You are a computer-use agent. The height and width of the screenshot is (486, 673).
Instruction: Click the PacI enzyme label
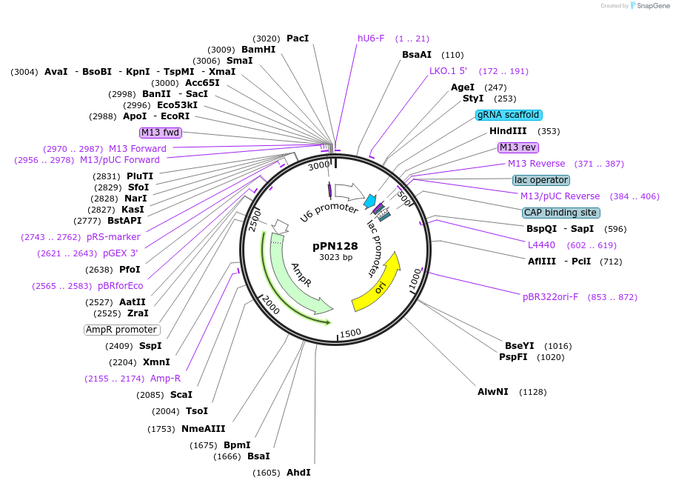[x=297, y=39]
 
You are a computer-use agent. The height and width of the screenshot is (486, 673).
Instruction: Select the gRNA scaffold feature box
[x=509, y=115]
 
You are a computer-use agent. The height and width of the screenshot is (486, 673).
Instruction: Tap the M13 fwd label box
[x=161, y=133]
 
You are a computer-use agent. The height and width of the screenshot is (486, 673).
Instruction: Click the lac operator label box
[x=541, y=180]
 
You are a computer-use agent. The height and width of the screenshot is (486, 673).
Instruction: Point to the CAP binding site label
[x=560, y=213]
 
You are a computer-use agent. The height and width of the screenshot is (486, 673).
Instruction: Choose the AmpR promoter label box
[x=121, y=330]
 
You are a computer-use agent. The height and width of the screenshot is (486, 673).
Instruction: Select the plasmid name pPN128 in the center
[x=335, y=246]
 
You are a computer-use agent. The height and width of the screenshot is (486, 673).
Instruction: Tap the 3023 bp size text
[x=335, y=258]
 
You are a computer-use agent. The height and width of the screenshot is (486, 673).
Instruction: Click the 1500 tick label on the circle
[x=350, y=333]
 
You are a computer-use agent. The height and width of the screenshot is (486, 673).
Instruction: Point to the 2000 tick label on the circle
[x=270, y=304]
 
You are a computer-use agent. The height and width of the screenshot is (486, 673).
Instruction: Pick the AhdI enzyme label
[x=298, y=473]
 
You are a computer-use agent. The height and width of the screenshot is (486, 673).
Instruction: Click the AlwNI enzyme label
[x=493, y=391]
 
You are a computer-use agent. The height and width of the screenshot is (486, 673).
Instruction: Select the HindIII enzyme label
[x=508, y=131]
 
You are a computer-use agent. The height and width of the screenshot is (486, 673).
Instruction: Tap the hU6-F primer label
[x=371, y=39]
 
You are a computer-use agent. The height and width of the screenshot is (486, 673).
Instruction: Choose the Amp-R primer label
[x=165, y=379]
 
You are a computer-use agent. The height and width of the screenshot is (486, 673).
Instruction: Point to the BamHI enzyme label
[x=258, y=50]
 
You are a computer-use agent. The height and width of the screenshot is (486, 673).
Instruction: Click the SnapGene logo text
[x=654, y=6]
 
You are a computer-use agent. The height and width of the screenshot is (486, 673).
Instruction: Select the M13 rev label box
[x=518, y=147]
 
